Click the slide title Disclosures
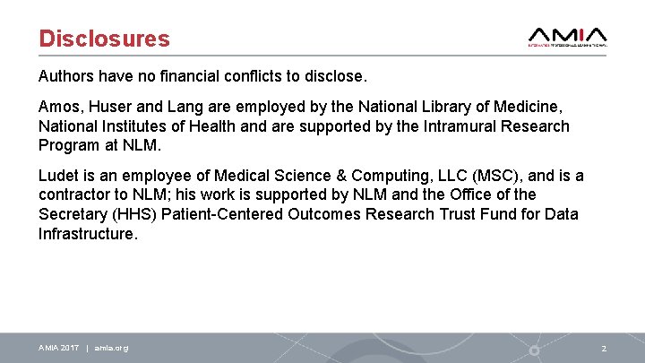coord(104,39)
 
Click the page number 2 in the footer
coord(604,348)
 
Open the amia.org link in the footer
coord(111,348)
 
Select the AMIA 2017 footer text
coord(58,348)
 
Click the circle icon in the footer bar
coord(534,349)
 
